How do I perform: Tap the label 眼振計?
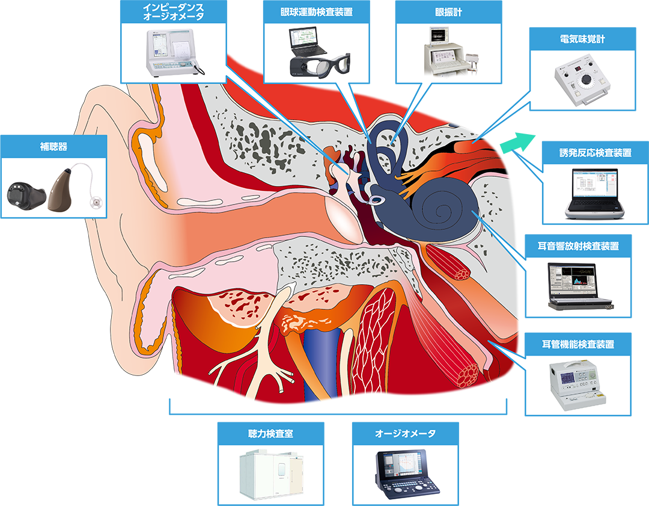(x=448, y=13)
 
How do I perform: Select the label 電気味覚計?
(x=582, y=40)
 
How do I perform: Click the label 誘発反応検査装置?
(x=595, y=153)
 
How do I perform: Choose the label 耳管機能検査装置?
(x=577, y=344)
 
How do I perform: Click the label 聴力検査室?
(x=270, y=433)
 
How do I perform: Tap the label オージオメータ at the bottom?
(x=405, y=433)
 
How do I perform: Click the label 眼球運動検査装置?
(x=316, y=13)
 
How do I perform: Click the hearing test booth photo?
(x=270, y=475)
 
